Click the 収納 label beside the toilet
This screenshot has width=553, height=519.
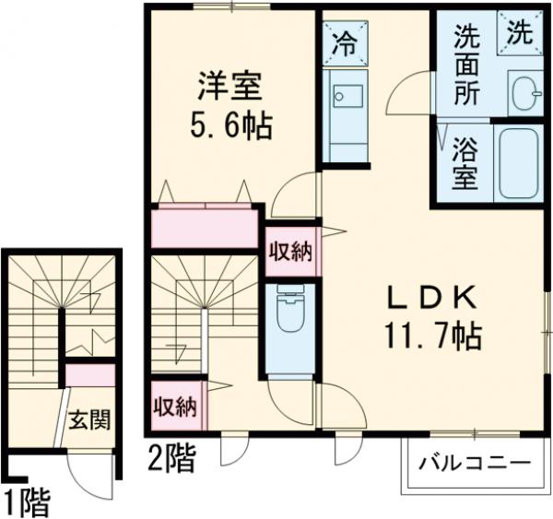pos(292,251)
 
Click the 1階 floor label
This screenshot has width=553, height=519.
pos(25,502)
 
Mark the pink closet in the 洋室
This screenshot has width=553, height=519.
pos(204,228)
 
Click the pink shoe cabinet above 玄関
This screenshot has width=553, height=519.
pos(90,375)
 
